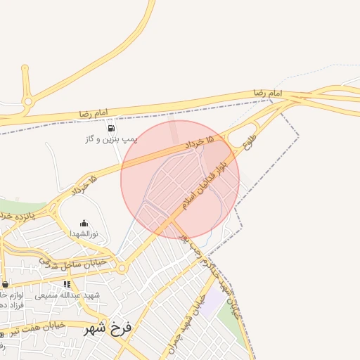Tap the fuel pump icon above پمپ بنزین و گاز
coord(111,128)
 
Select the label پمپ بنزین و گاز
coord(111,140)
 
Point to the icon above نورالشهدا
coord(84,223)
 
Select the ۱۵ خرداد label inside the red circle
coord(200,143)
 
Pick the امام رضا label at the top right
coord(268,93)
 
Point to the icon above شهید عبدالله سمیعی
coord(67,284)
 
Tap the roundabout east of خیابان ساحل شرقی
coord(122,268)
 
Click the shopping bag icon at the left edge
coord(6,284)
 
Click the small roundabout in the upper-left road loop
coord(28,101)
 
